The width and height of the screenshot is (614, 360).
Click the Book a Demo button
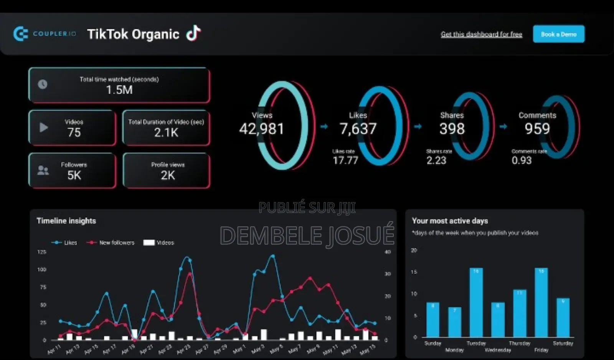(558, 34)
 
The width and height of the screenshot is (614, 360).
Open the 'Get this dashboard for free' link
(481, 34)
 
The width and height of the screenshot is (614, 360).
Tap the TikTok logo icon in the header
(193, 33)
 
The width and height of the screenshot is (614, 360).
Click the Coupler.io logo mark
(21, 34)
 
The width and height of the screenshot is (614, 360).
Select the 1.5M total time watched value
(119, 90)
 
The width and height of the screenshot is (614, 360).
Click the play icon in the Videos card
(44, 127)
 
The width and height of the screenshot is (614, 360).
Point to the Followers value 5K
(74, 175)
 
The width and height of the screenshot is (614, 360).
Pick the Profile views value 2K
(168, 175)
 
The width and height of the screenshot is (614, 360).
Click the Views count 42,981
(262, 129)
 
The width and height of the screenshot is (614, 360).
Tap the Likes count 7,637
(358, 129)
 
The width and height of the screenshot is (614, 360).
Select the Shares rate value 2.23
(436, 160)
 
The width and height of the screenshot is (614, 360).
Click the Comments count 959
(537, 129)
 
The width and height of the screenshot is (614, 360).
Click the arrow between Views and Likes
(324, 126)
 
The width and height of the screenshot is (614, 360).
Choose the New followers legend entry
(111, 243)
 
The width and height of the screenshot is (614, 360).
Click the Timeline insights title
(66, 221)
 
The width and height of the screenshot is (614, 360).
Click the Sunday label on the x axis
(432, 343)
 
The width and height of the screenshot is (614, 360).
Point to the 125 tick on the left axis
(41, 252)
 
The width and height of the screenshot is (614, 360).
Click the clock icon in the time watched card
(43, 84)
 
